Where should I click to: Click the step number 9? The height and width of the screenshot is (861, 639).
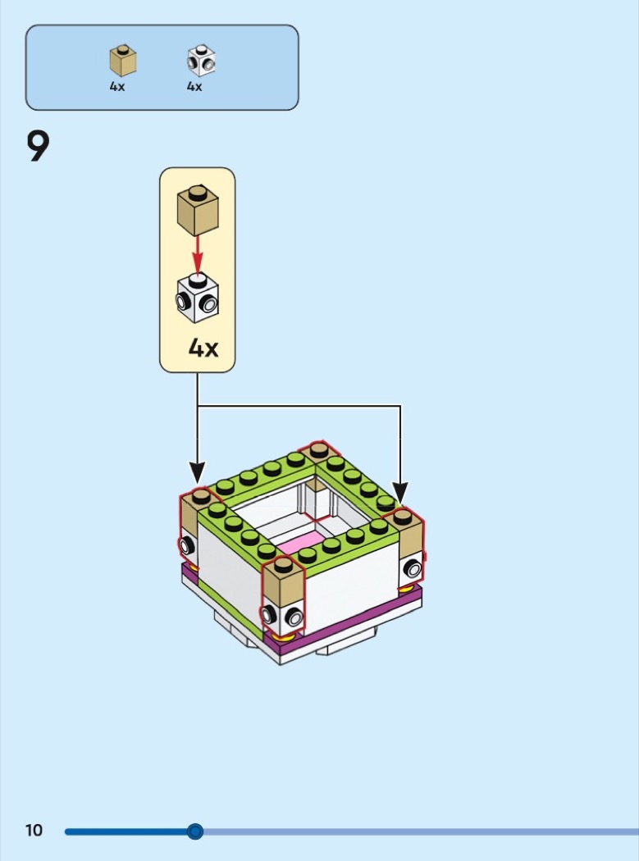pyautogui.click(x=39, y=147)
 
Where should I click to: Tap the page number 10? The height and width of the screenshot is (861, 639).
pyautogui.click(x=34, y=831)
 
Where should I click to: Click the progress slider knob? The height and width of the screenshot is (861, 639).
pyautogui.click(x=194, y=831)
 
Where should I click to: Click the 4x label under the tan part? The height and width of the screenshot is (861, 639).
pyautogui.click(x=117, y=87)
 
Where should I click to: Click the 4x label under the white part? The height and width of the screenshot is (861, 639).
pyautogui.click(x=194, y=87)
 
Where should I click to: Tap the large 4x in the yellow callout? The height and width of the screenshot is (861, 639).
pyautogui.click(x=203, y=348)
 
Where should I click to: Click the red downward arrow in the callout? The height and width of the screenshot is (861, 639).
pyautogui.click(x=197, y=253)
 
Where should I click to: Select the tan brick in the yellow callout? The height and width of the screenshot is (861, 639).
pyautogui.click(x=198, y=209)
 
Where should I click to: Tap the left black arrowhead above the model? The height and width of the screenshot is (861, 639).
pyautogui.click(x=197, y=473)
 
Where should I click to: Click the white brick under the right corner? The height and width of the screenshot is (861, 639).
pyautogui.click(x=409, y=568)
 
